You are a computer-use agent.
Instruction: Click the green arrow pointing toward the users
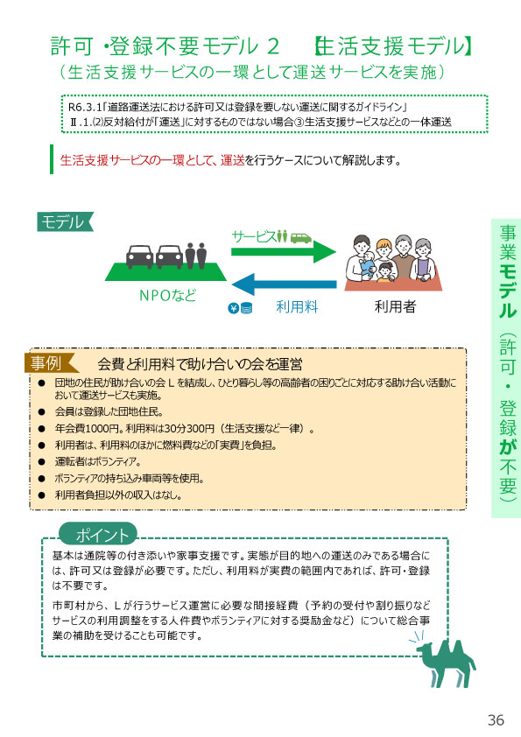pos(284,251)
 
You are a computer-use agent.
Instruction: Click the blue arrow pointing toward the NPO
pos(284,284)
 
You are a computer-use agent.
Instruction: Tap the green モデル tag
pos(65,221)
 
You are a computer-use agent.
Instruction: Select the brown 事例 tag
pos(51,363)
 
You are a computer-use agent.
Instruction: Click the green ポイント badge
pos(98,535)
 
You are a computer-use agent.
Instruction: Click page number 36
pos(496,719)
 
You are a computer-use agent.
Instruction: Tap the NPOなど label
pos(167,295)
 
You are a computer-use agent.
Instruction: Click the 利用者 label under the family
pos(395,306)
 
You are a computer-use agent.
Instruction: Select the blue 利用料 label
pos(297,307)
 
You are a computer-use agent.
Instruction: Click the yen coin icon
pos(233,308)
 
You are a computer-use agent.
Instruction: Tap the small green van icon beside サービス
pos(301,237)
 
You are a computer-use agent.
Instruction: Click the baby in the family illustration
pos(368,265)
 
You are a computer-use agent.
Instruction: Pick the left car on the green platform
pos(139,257)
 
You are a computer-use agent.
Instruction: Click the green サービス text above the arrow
pos(253,236)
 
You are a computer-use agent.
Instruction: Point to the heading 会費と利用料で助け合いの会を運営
pos(200,364)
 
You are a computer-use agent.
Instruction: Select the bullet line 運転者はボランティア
pos(98,461)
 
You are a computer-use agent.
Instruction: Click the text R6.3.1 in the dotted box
pos(85,107)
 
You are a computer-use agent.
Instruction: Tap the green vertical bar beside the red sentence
pos(52,159)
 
